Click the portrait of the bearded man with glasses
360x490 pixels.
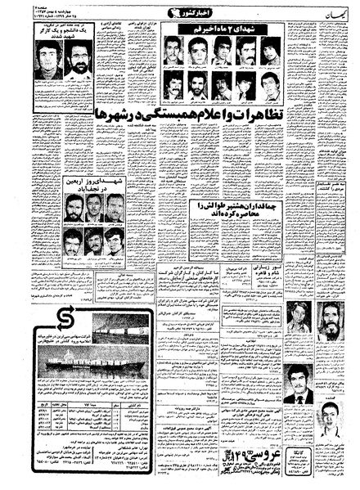tap(78, 61)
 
